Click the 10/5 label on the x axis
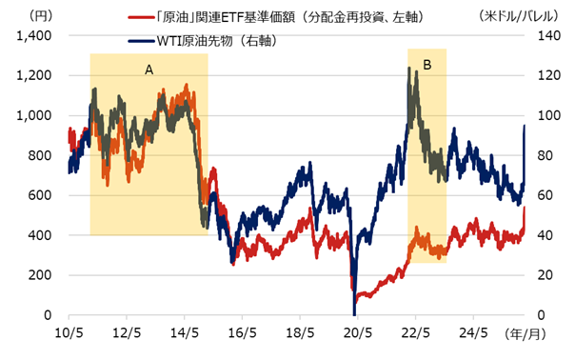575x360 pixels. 69,332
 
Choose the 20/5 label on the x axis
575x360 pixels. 358,332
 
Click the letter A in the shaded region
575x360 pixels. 149,70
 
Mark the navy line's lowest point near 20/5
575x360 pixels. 354,313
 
